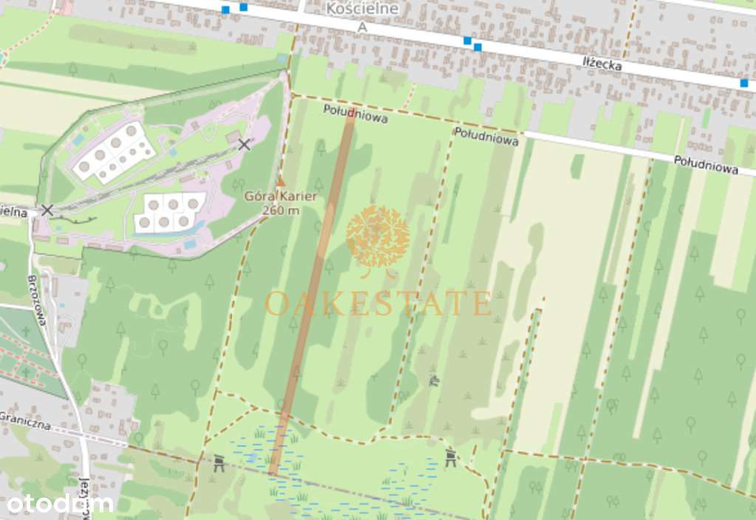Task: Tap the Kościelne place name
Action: point(362,9)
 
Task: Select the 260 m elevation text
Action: point(281,211)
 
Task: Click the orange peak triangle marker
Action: point(280,181)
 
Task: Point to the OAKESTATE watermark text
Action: point(378,304)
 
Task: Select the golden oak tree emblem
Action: point(378,237)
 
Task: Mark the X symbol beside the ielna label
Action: point(47,211)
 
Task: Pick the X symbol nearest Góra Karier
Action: point(244,145)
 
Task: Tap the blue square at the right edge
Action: point(744,83)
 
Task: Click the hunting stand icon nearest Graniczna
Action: point(219,463)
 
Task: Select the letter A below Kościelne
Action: point(362,27)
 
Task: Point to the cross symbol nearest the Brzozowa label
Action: point(27,332)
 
